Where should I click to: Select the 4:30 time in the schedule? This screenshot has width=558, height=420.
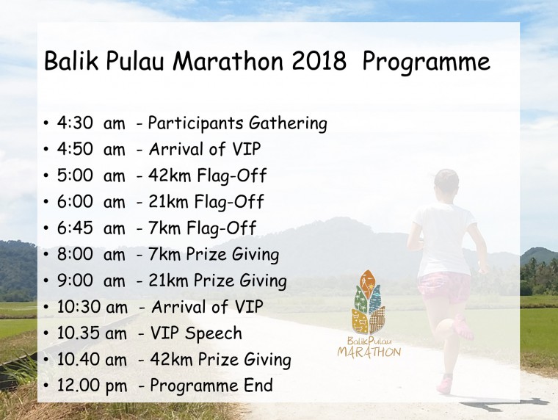[x=75, y=123]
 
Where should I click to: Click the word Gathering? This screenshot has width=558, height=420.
[x=288, y=124]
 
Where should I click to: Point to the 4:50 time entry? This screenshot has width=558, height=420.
[x=75, y=149]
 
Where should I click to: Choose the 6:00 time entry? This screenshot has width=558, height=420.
[x=75, y=201]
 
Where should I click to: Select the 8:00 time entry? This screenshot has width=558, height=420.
[x=75, y=254]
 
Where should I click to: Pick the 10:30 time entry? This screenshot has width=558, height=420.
[x=79, y=307]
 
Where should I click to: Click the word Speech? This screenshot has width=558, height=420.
[x=214, y=334]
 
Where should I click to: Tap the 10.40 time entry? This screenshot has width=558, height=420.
[x=79, y=360]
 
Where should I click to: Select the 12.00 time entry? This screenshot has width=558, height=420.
[x=79, y=385]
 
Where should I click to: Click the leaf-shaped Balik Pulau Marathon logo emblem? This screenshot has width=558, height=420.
[x=369, y=302]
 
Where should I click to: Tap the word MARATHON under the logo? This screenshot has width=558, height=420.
[x=369, y=352]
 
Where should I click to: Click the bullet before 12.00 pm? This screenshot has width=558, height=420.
[x=46, y=386]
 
